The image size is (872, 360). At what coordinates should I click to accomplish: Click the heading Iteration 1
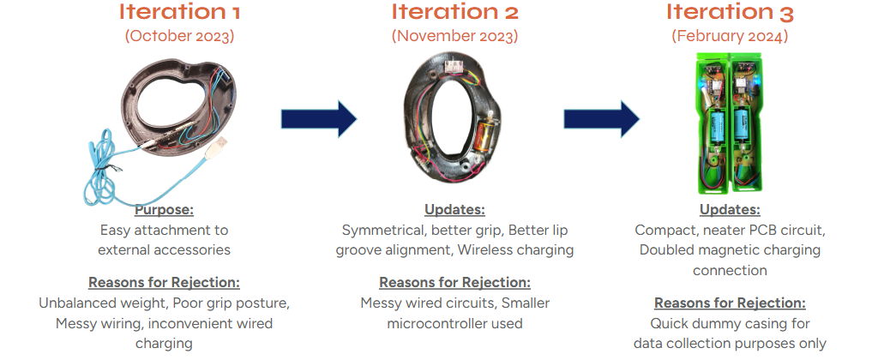179,12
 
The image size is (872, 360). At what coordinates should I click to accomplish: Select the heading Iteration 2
454,12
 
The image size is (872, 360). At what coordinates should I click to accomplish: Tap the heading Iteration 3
730,12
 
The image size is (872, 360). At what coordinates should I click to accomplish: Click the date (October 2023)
179,36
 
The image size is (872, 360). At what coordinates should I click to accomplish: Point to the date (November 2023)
454,36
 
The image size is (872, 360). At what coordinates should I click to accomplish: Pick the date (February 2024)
730,36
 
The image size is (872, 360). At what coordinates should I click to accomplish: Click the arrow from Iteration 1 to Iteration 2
319,119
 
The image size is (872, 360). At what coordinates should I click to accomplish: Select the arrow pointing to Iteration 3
602,119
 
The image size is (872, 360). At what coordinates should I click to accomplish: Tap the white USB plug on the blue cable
217,149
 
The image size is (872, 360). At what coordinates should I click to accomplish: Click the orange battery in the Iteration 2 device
483,138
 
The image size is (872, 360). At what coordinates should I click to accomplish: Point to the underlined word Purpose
164,210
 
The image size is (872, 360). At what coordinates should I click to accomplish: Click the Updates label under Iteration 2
455,210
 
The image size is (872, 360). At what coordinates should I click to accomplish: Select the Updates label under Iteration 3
730,210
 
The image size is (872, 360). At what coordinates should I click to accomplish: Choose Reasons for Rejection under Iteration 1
164,283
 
